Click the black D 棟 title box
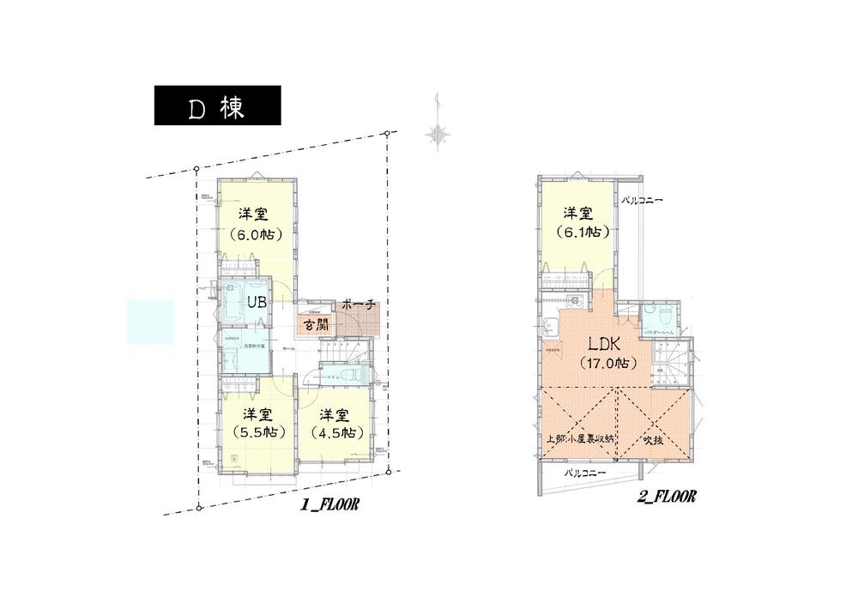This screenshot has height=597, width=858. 217,106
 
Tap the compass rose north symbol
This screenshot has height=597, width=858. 438,133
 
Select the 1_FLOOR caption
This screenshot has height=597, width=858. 328,506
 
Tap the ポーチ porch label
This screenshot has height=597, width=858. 357,305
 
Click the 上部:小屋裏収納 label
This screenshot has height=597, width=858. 581,439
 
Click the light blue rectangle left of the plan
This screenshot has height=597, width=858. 150,322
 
